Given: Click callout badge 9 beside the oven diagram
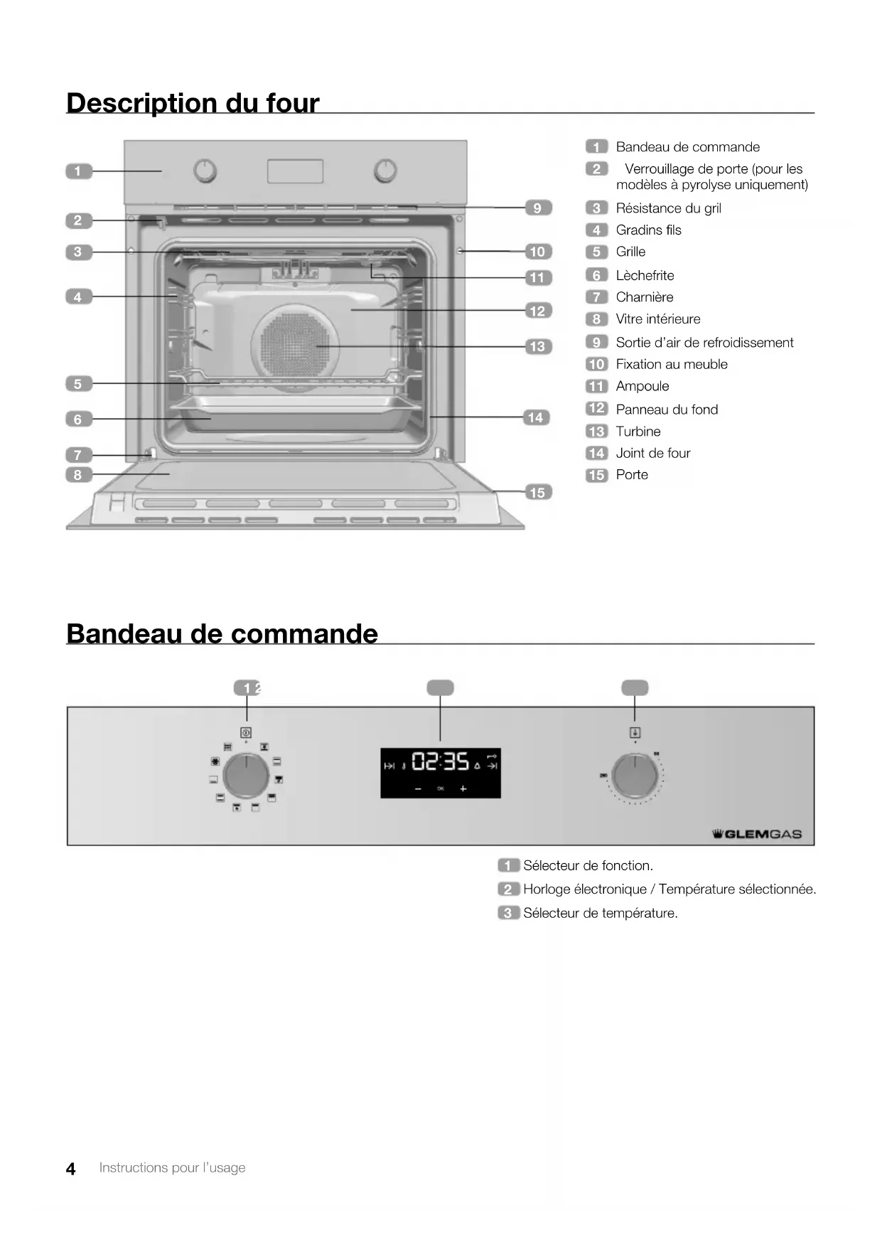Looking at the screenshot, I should (x=537, y=208).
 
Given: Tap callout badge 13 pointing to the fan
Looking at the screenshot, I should (x=537, y=346).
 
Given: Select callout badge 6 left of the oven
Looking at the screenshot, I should (x=78, y=419).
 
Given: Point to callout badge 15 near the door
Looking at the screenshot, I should (x=537, y=492).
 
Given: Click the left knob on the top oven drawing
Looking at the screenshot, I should (x=205, y=171).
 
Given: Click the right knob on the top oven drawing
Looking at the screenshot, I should (x=385, y=171).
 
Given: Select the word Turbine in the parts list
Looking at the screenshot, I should (x=638, y=432).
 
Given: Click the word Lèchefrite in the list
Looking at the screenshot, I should (x=645, y=275).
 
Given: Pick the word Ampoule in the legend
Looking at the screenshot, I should (x=642, y=386).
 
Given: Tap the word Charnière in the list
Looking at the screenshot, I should (x=644, y=297).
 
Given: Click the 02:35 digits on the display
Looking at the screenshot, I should (x=441, y=762).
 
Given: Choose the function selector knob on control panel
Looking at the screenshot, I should (x=246, y=776).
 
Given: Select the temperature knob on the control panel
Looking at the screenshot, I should (x=635, y=776).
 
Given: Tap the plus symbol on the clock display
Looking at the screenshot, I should (x=463, y=788).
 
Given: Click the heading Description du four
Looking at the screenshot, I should (x=193, y=102).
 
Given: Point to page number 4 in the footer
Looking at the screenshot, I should (x=70, y=1169).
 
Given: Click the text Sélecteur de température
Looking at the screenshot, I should (x=600, y=913).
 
